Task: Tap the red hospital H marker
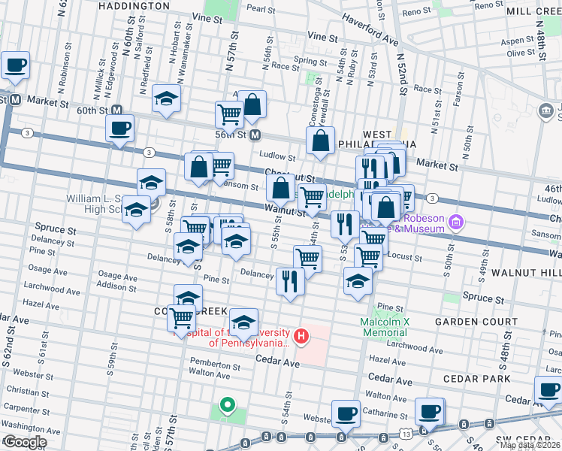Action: coord(301,335)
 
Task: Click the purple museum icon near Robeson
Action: coord(456,222)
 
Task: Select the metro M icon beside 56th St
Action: coord(255,135)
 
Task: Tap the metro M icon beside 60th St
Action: coord(14,99)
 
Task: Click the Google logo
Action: coord(25,442)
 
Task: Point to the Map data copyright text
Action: coord(530,445)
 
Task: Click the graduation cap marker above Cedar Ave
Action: coord(243,322)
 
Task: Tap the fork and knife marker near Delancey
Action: coord(289,280)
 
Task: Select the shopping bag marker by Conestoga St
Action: coord(320,140)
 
